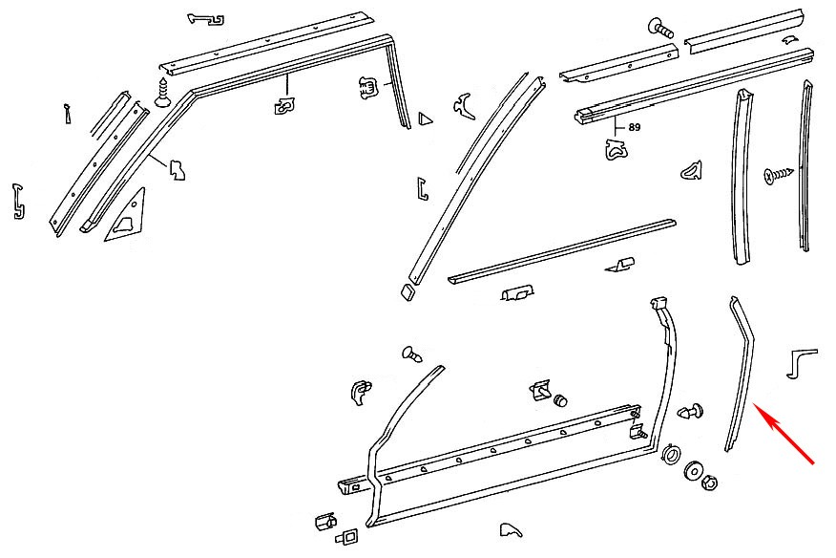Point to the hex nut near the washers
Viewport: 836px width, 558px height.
pos(709,483)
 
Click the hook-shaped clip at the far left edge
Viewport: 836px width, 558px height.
pos(17,201)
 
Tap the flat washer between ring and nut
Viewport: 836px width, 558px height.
pos(693,468)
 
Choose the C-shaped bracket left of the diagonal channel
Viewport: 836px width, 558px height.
pos(423,188)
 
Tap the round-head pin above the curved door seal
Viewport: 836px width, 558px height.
pos(414,354)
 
